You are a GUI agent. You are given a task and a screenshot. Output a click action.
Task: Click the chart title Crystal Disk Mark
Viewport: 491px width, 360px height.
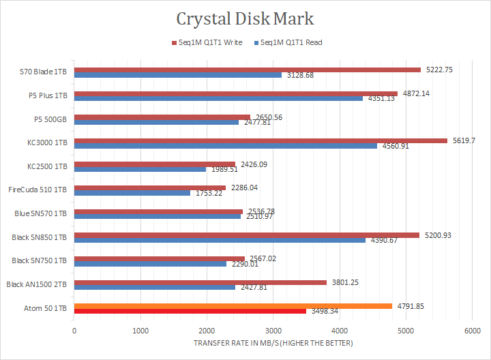245,18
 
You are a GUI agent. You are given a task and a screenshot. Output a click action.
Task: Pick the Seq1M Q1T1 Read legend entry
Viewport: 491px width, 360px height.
288,42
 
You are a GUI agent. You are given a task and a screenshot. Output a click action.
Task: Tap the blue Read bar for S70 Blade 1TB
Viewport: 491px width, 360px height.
178,75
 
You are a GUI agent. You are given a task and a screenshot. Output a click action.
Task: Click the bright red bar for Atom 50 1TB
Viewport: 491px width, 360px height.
190,311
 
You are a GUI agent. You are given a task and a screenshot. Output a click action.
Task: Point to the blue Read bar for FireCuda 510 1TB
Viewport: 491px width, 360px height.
132,193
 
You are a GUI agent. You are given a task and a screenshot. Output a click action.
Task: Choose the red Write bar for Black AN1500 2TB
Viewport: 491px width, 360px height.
200,282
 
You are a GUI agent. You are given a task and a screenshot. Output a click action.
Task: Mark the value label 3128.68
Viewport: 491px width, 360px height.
301,75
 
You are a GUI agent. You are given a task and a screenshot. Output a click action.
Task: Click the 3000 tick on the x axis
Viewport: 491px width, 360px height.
273,330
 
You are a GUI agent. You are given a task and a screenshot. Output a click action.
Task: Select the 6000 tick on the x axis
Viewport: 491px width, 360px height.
472,330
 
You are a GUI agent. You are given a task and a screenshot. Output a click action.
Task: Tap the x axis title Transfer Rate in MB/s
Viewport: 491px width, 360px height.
273,343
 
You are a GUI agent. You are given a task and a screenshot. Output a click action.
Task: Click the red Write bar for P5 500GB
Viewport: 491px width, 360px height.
162,117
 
